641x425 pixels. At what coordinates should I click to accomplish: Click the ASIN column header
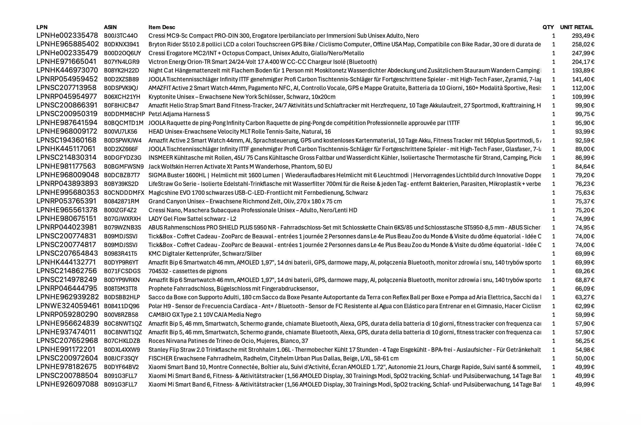110,27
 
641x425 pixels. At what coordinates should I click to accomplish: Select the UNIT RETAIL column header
576,27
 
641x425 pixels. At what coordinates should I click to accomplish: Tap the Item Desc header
161,27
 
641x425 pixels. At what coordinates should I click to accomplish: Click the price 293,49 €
583,36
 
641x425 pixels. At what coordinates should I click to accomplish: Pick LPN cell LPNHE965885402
68,44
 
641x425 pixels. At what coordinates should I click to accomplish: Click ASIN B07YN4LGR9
122,62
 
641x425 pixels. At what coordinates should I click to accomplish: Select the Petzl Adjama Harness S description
179,114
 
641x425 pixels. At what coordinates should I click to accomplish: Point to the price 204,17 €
583,62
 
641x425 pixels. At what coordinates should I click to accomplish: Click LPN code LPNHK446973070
67,71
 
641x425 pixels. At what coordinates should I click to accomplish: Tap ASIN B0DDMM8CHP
124,114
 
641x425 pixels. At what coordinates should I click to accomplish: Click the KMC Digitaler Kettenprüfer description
205,254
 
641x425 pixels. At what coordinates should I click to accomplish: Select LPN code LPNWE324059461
68,306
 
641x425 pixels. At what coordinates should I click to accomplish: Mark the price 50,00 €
584,358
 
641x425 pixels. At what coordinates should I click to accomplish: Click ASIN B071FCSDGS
122,271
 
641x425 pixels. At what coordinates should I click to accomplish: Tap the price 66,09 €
584,289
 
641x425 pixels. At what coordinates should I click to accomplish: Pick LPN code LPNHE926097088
67,384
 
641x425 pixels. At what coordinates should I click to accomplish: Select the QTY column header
548,27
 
